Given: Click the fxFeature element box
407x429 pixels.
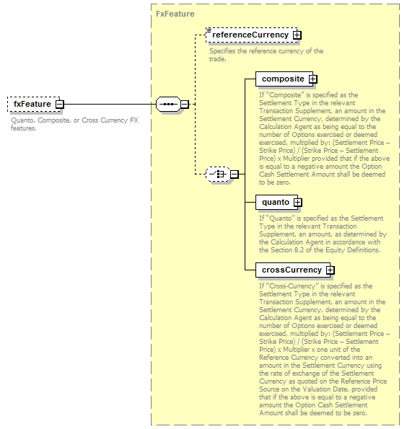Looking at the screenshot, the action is [34, 104].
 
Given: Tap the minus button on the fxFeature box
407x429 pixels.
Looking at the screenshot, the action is [59, 105].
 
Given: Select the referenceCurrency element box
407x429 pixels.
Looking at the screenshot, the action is [252, 35].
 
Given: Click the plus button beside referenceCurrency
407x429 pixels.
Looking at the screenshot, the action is [297, 35].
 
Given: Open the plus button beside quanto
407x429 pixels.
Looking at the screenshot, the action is [297, 202].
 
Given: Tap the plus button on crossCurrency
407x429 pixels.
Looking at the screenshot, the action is [331, 270].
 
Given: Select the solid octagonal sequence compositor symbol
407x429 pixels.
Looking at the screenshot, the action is [168, 104].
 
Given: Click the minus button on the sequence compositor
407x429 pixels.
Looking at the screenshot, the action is [185, 104].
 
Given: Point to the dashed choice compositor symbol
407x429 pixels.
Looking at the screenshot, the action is [218, 174].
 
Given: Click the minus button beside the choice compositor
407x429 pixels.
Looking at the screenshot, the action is [235, 174].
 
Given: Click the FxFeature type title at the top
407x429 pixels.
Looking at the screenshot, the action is [175, 14].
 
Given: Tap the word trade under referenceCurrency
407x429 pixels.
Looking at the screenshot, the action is [218, 59].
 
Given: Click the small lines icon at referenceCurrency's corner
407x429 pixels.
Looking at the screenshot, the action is [209, 30].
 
